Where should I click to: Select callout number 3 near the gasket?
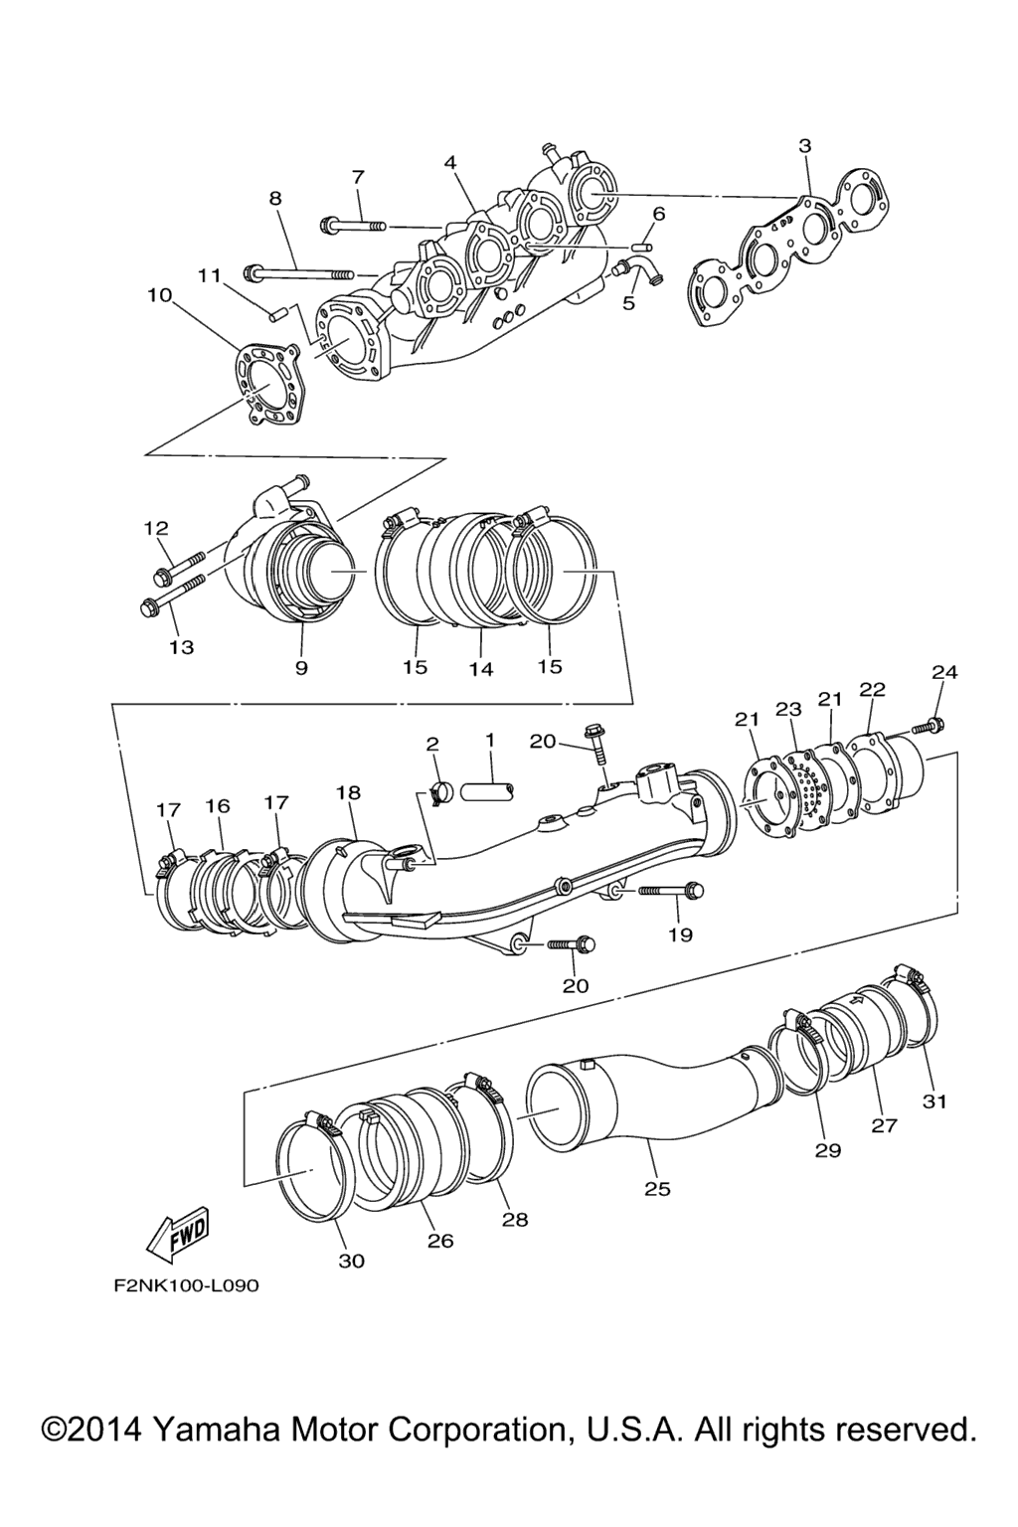(805, 146)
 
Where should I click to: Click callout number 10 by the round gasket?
(159, 295)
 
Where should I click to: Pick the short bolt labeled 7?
(353, 225)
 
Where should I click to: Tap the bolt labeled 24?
(929, 726)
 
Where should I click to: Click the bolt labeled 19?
(671, 891)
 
